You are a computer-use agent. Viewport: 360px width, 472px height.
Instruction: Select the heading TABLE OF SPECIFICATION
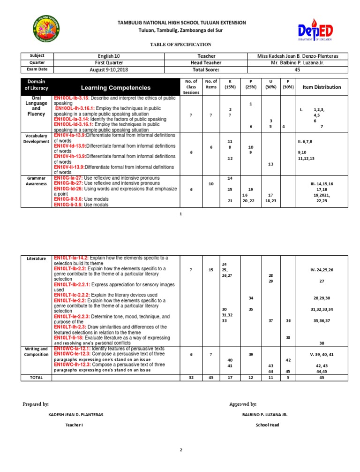pos(180,44)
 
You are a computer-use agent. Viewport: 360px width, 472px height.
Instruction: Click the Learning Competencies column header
pos(116,88)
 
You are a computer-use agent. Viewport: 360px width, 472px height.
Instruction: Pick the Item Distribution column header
pos(322,87)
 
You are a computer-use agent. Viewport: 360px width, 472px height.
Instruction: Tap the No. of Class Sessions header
pos(191,87)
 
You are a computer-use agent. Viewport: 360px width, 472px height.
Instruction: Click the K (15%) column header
pos(230,84)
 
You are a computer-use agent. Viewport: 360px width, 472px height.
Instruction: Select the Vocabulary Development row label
pos(37,138)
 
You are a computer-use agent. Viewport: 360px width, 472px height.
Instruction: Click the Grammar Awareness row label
pos(37,181)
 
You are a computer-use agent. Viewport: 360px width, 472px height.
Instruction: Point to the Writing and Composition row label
pos(37,351)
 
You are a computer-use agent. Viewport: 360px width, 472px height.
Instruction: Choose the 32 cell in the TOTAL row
pos(191,377)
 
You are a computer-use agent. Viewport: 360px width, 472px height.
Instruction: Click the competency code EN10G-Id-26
pos(69,189)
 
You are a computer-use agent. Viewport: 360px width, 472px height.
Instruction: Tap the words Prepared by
pos(36,404)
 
